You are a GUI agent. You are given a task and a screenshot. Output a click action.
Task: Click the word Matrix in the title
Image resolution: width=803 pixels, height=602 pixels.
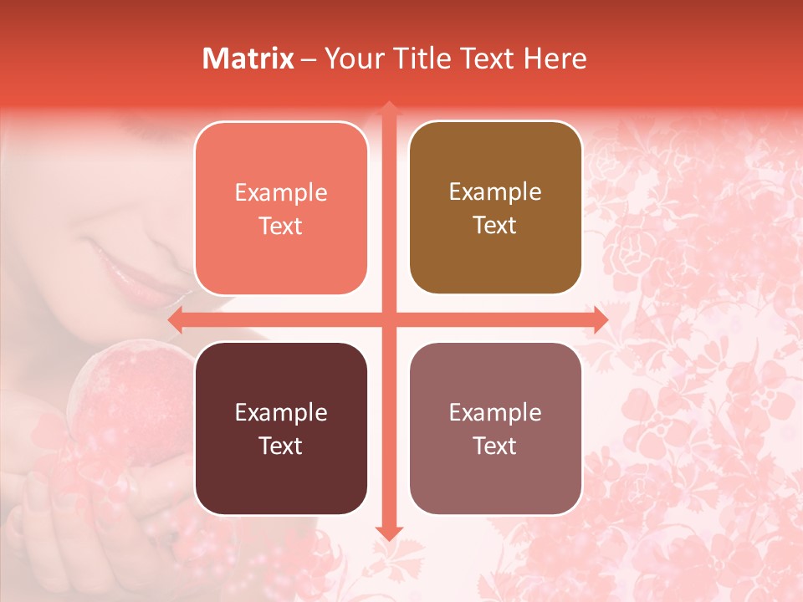point(248,59)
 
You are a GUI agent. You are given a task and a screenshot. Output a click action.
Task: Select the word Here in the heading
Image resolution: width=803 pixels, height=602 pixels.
point(555,59)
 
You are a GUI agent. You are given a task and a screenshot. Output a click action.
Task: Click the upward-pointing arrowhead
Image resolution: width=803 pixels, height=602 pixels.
point(389,108)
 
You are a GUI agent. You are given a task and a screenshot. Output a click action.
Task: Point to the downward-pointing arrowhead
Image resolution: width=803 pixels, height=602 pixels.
point(389,533)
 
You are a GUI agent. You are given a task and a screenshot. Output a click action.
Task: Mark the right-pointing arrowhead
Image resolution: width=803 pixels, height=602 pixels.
point(601,320)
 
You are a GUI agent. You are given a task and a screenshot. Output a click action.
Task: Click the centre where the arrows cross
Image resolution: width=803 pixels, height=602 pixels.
point(389,320)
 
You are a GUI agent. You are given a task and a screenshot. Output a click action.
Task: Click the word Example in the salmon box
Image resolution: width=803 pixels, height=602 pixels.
point(281,193)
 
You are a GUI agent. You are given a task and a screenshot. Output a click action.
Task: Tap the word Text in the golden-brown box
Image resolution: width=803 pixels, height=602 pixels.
point(495,226)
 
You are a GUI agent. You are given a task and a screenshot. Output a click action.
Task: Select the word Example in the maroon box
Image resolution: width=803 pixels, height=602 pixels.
point(281,413)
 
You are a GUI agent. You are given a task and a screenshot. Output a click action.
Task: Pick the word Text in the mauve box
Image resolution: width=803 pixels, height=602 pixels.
point(495,446)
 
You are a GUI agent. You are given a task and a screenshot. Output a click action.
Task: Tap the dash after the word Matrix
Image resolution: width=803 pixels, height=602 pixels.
point(309,59)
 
